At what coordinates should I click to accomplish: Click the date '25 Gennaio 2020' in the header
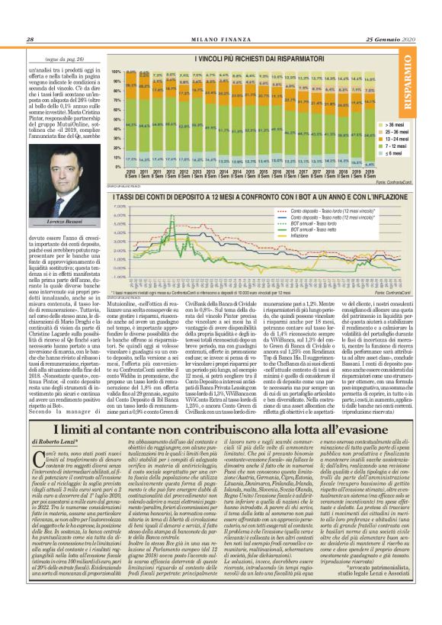(x=397, y=40)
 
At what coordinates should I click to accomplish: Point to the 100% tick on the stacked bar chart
(x=117, y=71)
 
